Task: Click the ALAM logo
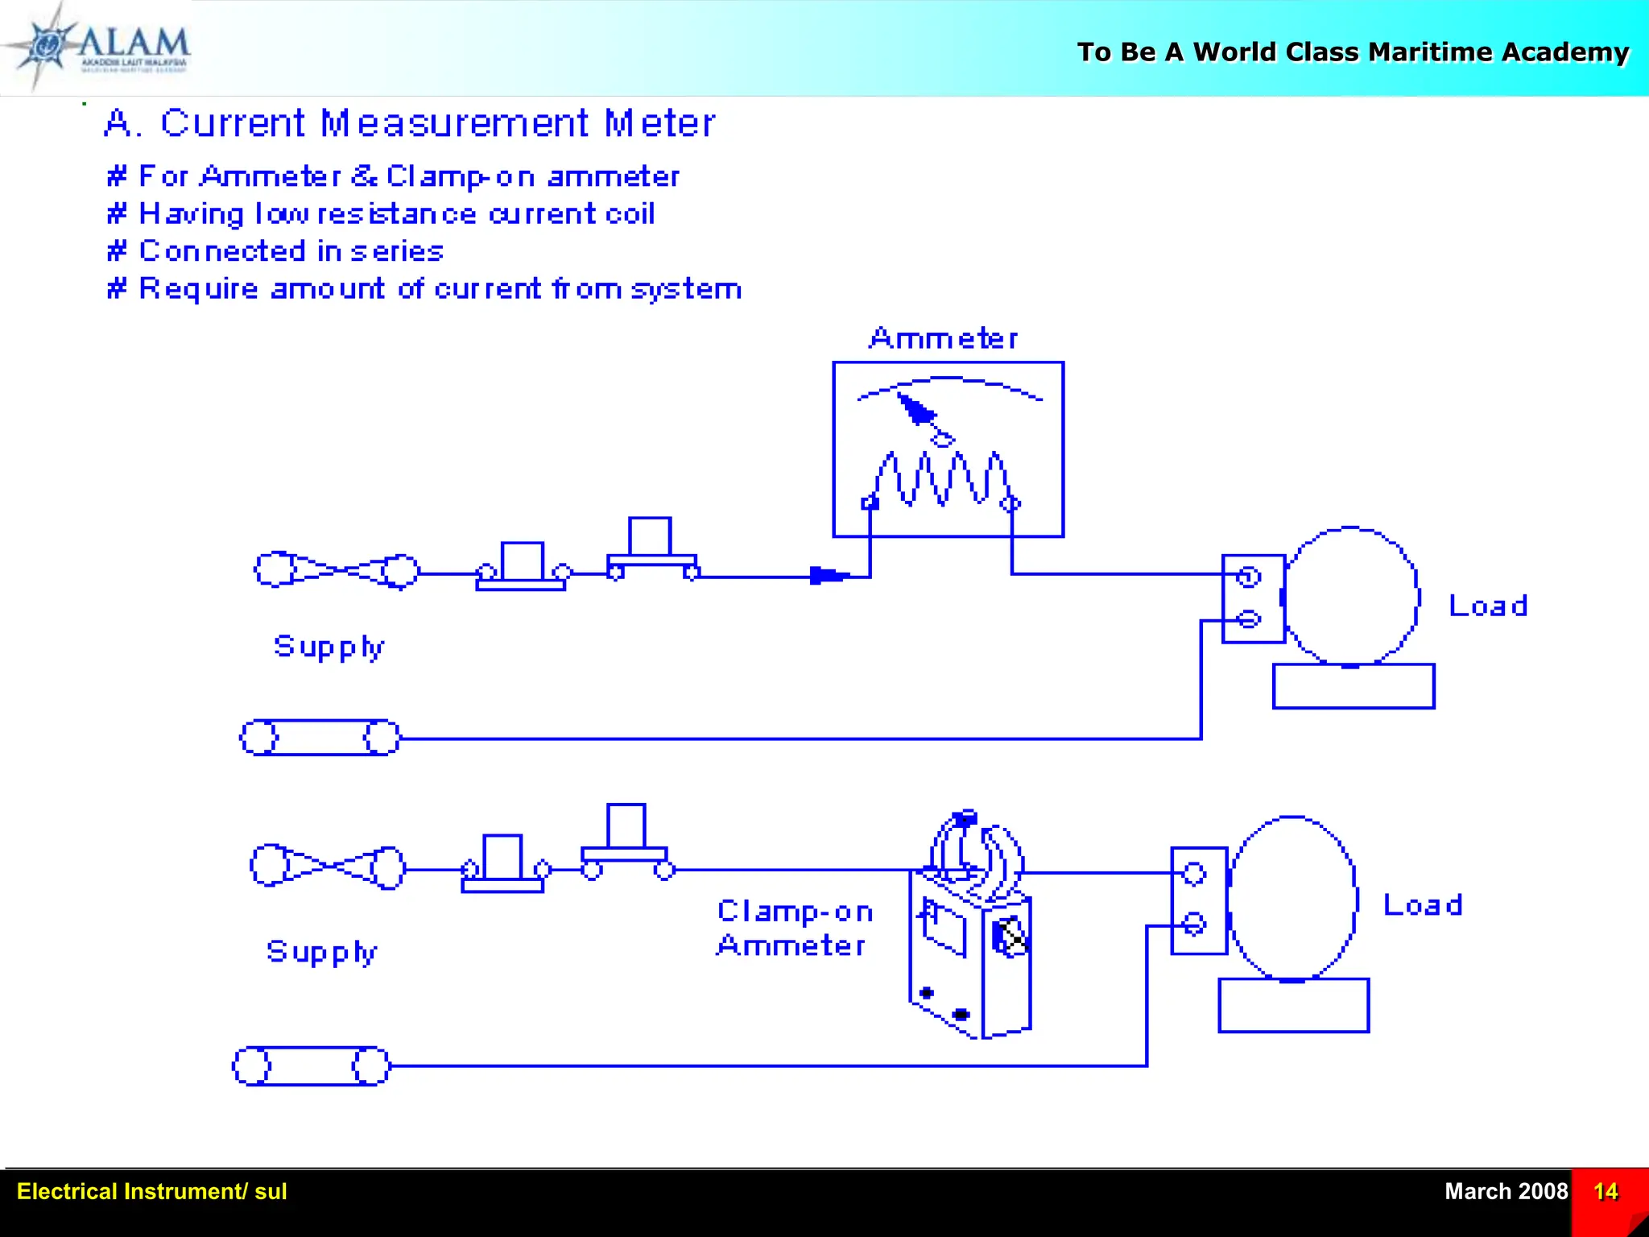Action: (97, 47)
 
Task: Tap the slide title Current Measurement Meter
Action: (410, 124)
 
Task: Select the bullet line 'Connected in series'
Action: (275, 251)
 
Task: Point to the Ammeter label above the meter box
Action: (943, 338)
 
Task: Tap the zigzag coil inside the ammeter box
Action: (940, 479)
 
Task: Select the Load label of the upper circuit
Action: (1487, 606)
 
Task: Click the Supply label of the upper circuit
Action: (329, 647)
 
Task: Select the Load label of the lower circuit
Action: (1422, 905)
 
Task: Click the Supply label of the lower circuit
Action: (321, 953)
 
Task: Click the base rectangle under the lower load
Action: (1293, 1005)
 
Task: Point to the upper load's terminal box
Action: (1252, 598)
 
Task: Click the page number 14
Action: (1605, 1192)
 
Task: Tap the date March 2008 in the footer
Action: (1505, 1192)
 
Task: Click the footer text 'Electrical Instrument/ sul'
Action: (151, 1192)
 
